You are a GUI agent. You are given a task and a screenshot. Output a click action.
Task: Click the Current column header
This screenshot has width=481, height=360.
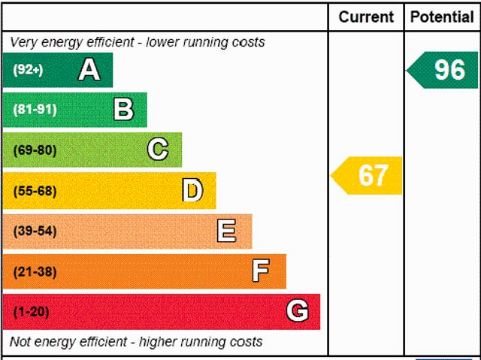click(366, 17)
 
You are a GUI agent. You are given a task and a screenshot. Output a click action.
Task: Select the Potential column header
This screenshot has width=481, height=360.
click(442, 17)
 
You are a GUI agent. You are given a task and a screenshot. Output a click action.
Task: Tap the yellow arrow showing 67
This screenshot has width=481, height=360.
click(368, 175)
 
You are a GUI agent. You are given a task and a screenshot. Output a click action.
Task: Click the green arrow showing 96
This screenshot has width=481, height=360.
click(443, 70)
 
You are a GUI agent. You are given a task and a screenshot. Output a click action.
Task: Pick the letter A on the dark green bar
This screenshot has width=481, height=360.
click(89, 70)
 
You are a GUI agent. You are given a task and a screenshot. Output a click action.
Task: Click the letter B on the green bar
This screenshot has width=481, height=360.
click(123, 110)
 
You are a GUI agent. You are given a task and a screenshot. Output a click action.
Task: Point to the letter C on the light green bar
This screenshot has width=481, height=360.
click(158, 150)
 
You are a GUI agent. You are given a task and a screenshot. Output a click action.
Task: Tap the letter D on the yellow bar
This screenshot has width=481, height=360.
click(192, 190)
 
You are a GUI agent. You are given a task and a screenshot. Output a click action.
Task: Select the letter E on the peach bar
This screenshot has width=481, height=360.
click(226, 231)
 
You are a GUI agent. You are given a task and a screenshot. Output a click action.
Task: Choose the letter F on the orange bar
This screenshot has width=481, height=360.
click(261, 271)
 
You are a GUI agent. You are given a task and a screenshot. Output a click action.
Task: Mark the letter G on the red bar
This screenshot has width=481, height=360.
click(297, 311)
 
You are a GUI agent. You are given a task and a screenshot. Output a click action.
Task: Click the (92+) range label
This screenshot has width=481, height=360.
click(28, 70)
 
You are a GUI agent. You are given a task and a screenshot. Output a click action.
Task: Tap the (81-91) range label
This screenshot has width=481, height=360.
click(35, 110)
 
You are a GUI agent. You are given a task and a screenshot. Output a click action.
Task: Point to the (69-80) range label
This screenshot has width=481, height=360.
click(35, 150)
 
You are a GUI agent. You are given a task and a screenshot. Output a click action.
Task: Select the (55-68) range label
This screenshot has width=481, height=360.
click(35, 190)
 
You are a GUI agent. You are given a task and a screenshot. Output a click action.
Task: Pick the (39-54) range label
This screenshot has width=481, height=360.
click(35, 231)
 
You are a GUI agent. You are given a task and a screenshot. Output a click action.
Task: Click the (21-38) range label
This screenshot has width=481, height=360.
click(35, 271)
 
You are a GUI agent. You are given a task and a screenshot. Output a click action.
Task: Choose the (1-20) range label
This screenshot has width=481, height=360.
click(31, 311)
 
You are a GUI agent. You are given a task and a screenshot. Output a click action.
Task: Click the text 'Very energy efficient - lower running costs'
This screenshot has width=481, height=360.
click(138, 42)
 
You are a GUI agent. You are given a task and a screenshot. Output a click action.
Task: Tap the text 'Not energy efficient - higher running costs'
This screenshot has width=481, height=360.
click(136, 342)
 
